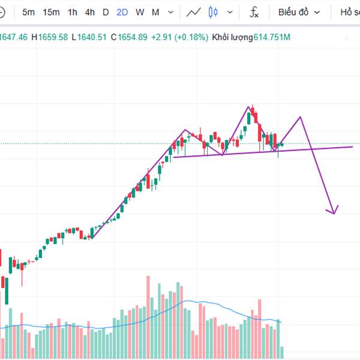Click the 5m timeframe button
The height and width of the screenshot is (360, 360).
click(x=28, y=12)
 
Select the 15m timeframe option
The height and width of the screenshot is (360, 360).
click(x=52, y=12)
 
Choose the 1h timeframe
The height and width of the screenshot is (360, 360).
click(x=72, y=12)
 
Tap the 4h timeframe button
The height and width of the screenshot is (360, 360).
click(x=89, y=12)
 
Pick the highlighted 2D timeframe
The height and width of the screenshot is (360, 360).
click(x=122, y=12)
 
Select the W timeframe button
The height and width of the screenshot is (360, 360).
click(x=140, y=12)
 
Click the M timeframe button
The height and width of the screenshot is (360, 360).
click(x=155, y=12)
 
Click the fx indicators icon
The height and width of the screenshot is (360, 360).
click(x=254, y=12)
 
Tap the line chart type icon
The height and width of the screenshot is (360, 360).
click(x=193, y=12)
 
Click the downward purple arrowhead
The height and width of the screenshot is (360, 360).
click(x=332, y=211)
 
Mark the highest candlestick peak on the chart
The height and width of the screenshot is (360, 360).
click(x=253, y=106)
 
